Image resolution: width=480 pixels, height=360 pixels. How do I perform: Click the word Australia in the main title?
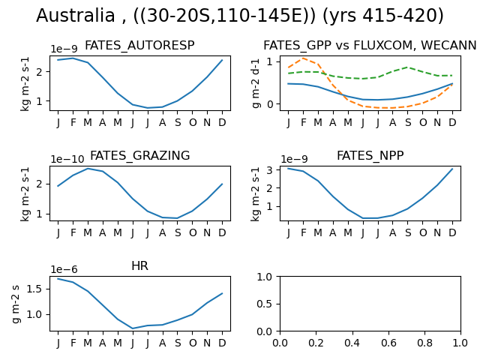[76, 15]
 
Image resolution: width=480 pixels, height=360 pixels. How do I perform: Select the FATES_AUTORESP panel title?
[139, 46]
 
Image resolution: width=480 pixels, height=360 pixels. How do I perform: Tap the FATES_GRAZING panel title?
[140, 155]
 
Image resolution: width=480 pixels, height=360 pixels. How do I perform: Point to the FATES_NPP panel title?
[370, 155]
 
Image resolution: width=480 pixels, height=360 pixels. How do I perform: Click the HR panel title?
[140, 265]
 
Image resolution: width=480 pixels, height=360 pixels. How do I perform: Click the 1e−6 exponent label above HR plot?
[64, 269]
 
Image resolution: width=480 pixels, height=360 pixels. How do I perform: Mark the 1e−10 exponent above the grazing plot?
[67, 159]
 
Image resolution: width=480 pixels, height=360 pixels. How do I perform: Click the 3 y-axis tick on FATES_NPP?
[270, 169]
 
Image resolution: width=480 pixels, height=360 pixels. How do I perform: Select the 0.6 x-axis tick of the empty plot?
[388, 343]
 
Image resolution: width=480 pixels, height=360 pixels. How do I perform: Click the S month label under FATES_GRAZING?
[178, 232]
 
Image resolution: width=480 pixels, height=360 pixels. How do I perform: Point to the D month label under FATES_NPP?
[452, 232]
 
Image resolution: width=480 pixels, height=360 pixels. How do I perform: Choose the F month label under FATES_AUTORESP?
[73, 122]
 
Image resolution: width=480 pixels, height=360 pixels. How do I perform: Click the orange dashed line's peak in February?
[303, 58]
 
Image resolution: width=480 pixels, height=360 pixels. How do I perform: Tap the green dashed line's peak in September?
[407, 67]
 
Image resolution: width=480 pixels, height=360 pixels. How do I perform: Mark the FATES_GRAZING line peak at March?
[88, 169]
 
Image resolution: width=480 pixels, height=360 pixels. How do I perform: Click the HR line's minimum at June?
[133, 328]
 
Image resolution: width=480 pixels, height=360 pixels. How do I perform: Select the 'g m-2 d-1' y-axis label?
[256, 83]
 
